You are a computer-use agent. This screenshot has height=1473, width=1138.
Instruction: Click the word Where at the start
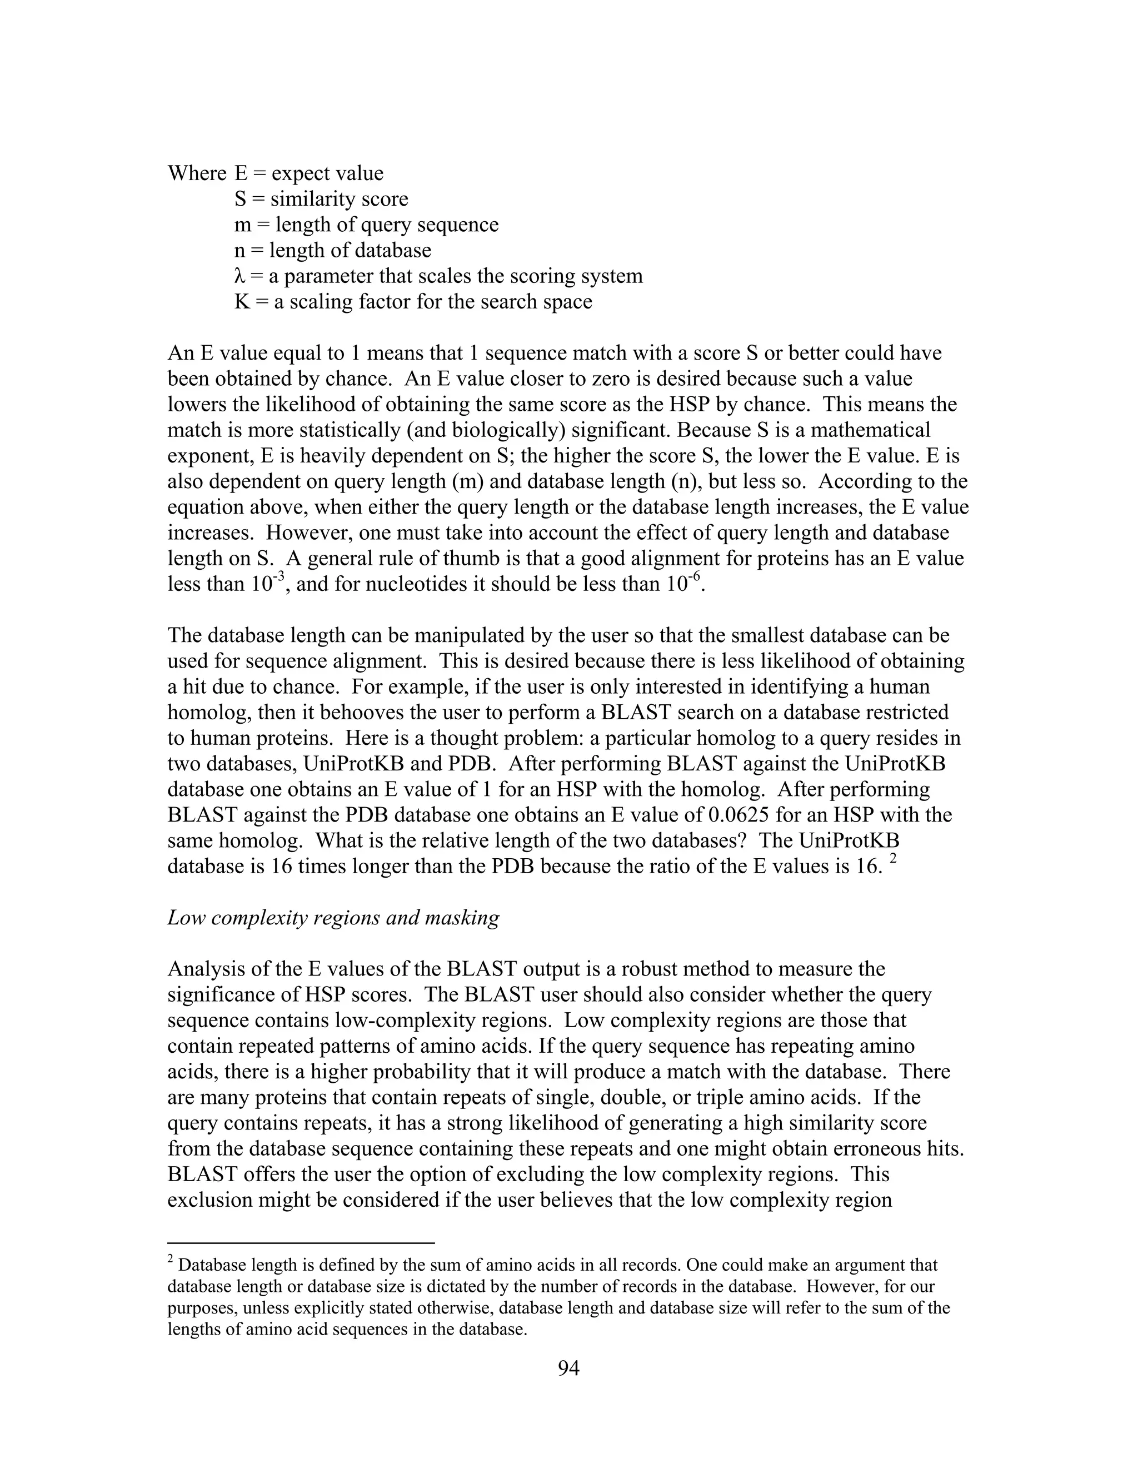[196, 173]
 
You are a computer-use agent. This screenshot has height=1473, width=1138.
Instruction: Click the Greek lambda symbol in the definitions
[239, 276]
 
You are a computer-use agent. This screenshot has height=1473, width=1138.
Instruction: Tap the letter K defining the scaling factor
[241, 301]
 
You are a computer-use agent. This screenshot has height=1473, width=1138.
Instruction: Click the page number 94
[568, 1368]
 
